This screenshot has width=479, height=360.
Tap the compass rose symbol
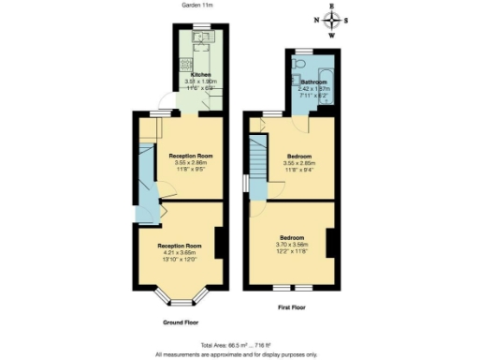click(x=330, y=20)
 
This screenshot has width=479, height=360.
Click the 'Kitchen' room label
click(x=201, y=74)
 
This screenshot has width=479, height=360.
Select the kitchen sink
click(x=203, y=38)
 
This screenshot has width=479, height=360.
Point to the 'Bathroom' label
click(x=313, y=82)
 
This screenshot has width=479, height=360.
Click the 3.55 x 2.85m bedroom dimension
click(x=298, y=162)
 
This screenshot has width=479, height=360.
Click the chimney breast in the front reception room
click(x=218, y=244)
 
